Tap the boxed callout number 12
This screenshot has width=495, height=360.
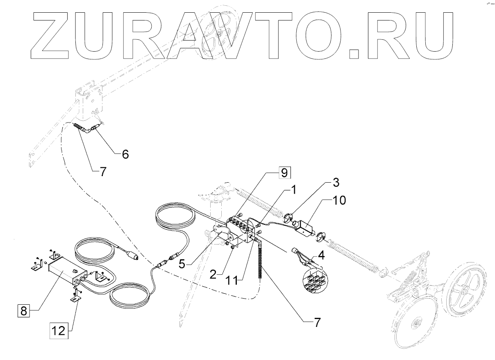pyautogui.click(x=59, y=331)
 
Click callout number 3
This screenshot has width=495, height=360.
pyautogui.click(x=335, y=181)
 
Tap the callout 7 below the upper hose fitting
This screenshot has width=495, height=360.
pyautogui.click(x=102, y=172)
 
